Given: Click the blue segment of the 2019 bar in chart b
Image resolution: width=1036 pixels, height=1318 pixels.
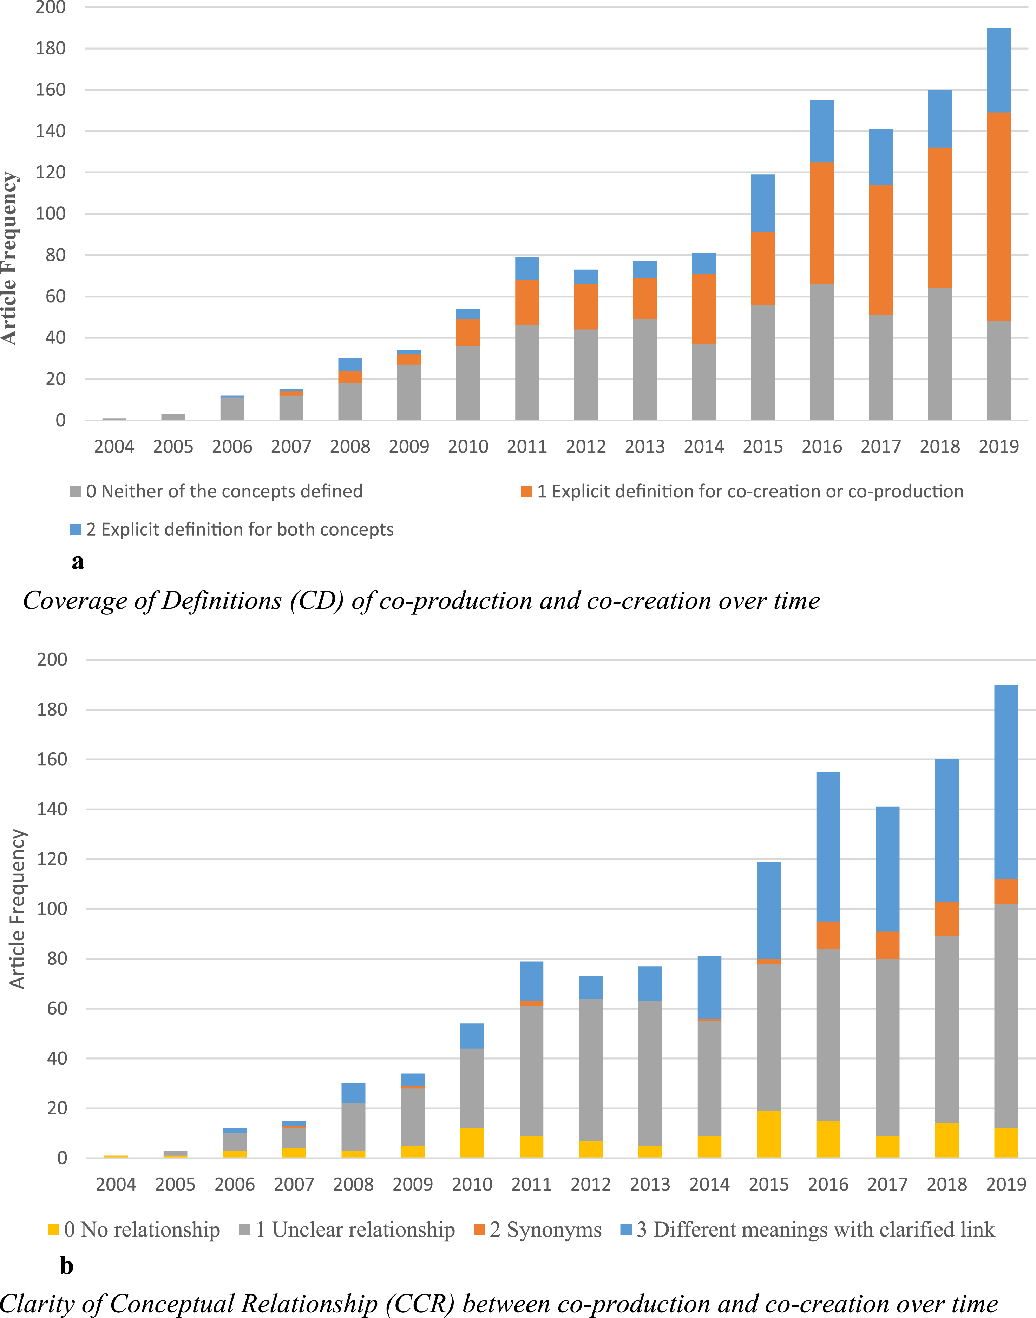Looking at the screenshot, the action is tap(1006, 782).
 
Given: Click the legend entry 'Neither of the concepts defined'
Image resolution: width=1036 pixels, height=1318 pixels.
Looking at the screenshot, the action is tap(217, 492).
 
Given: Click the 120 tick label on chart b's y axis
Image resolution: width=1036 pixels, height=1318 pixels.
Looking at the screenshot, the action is tap(52, 859).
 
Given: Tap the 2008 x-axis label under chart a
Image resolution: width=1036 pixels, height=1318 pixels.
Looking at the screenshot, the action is tap(350, 447).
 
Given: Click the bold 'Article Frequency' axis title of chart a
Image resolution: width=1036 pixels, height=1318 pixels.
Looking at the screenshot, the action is tap(10, 259).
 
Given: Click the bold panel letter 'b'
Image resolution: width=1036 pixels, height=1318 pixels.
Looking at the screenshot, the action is tap(67, 1266).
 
